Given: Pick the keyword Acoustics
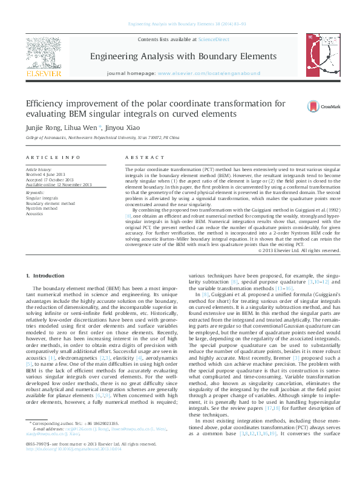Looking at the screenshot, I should (34, 213).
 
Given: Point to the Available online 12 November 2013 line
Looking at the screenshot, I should (59, 184).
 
